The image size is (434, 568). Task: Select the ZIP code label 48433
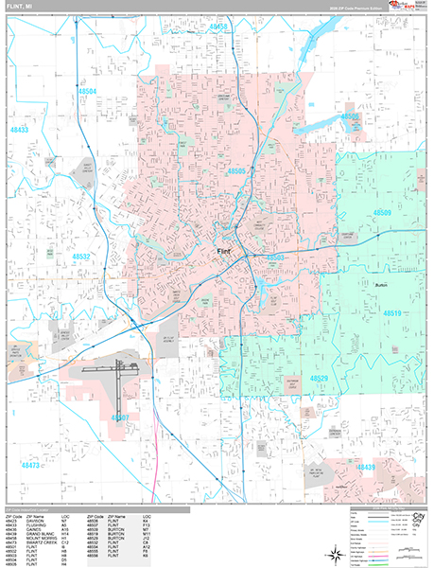(20, 129)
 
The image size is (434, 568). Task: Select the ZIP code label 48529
(319, 378)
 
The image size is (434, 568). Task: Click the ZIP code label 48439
(365, 467)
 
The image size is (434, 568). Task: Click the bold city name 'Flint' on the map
(224, 251)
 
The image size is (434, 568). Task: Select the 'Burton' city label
(382, 283)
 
